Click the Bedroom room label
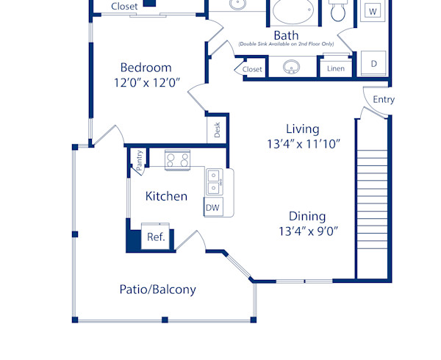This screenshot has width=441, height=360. (146, 67)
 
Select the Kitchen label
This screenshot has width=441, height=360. (166, 196)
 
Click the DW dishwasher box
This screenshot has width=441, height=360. (213, 208)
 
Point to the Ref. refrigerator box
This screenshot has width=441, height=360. (156, 237)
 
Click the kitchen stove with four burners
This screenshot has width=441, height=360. (177, 159)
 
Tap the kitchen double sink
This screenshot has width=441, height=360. (215, 177)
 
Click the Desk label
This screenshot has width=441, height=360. (218, 131)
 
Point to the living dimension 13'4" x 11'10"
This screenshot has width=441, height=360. (304, 145)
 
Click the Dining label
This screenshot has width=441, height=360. (307, 216)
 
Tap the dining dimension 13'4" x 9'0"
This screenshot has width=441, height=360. (307, 231)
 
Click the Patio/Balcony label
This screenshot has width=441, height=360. (157, 289)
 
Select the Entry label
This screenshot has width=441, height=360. (384, 99)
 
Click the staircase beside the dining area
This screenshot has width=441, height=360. (373, 198)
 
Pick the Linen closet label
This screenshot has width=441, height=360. (335, 69)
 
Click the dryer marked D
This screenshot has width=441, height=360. (373, 64)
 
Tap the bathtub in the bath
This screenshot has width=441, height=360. (293, 13)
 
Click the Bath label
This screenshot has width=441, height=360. (285, 35)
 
